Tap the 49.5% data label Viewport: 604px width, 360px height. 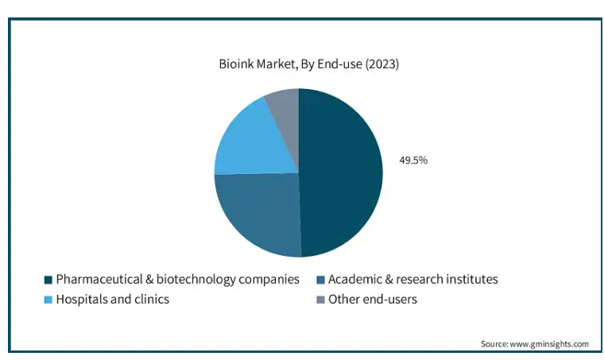point(413,161)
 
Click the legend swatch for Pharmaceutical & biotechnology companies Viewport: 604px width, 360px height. point(48,280)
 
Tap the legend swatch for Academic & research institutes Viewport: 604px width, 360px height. point(319,280)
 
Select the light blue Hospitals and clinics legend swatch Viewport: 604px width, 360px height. point(48,300)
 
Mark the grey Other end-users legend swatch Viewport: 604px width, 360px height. point(319,300)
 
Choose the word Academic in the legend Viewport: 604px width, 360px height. point(354,280)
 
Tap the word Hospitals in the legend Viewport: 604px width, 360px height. point(83,300)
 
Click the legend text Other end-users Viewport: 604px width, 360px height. point(373,300)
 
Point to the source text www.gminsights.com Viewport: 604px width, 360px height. point(549,344)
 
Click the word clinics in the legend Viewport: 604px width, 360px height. point(152,300)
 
